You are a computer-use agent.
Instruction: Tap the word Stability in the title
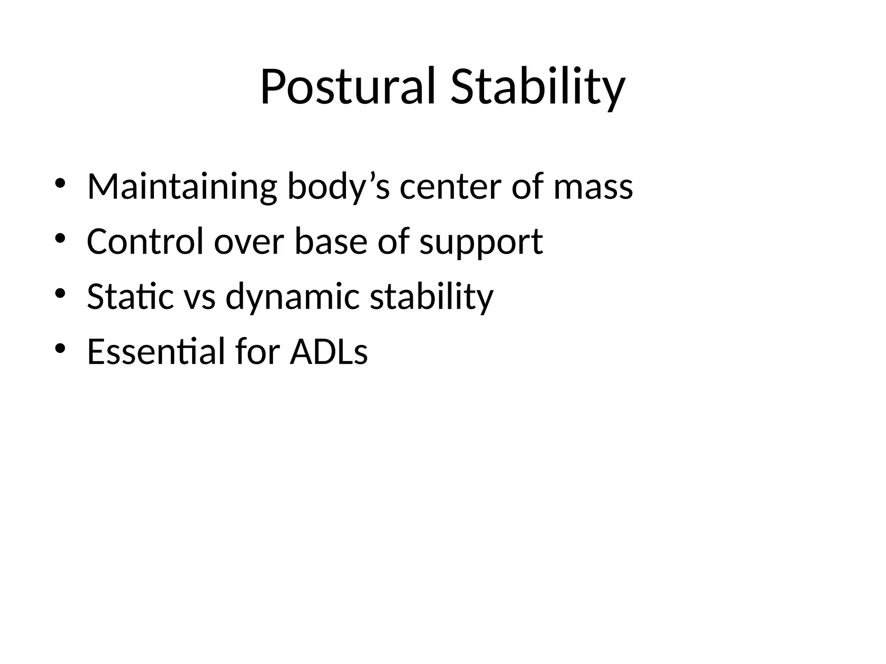click(x=537, y=87)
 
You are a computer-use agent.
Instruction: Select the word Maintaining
click(x=182, y=187)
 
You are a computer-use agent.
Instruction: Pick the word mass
click(x=593, y=187)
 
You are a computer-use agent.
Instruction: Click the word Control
click(x=145, y=241)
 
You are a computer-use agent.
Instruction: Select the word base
click(x=331, y=241)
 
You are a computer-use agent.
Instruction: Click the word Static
click(x=130, y=297)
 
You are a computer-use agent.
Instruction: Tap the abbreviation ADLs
click(x=329, y=351)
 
